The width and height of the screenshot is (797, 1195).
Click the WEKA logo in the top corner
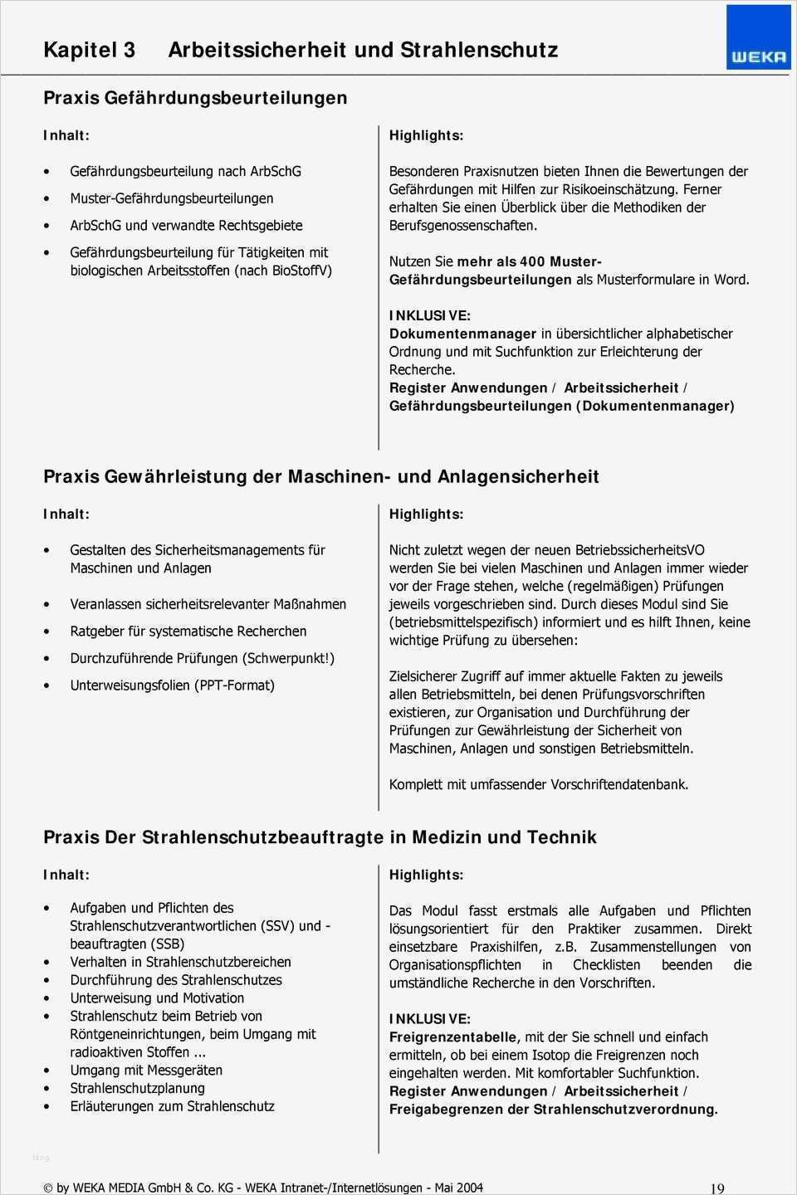[x=758, y=38]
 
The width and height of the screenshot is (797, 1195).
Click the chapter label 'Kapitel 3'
[x=89, y=50]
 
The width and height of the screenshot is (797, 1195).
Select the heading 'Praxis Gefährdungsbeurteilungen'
[x=195, y=98]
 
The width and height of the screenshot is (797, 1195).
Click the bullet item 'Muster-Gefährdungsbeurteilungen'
[x=171, y=198]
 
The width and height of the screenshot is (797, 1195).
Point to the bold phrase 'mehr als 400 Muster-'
[x=529, y=261]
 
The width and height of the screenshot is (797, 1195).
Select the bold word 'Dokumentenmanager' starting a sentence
[x=462, y=334]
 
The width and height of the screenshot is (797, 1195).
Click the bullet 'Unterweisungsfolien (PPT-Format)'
[x=172, y=685]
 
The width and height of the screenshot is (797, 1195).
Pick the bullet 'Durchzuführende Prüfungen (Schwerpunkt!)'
[x=202, y=658]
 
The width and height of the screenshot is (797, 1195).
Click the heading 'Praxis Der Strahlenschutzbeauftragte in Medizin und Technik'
[x=320, y=837]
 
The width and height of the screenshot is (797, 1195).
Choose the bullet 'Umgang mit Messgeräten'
[x=146, y=1071]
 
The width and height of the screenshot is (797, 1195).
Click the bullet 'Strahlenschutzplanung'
[x=137, y=1088]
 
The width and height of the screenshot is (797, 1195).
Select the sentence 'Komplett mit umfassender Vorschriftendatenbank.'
[x=539, y=784]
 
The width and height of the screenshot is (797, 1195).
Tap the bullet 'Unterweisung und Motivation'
[x=157, y=998]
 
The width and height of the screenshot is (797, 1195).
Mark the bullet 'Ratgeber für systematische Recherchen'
[x=188, y=632]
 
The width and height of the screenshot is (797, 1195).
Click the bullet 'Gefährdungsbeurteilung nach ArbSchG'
[x=185, y=172]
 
